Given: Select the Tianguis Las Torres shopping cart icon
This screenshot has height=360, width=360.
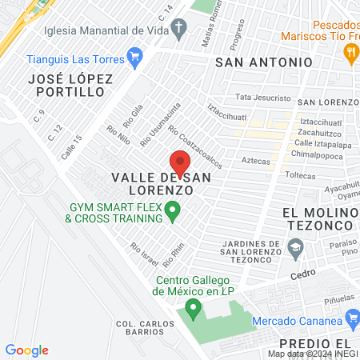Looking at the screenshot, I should pyautogui.click(x=134, y=58).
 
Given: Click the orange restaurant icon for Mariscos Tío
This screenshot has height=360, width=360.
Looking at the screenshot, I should pyautogui.click(x=350, y=53).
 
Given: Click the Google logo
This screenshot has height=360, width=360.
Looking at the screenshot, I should pyautogui.click(x=26, y=350).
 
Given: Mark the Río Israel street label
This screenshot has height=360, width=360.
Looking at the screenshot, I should pyautogui.click(x=145, y=254).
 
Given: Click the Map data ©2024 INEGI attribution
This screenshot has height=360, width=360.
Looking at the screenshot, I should pyautogui.click(x=313, y=353).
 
